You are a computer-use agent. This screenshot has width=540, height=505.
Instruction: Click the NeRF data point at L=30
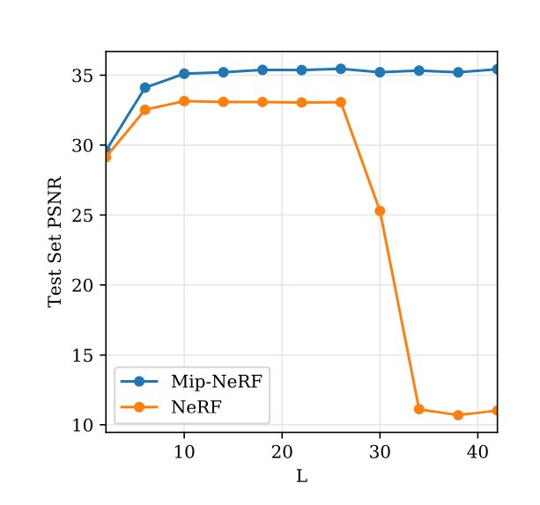tap(380, 211)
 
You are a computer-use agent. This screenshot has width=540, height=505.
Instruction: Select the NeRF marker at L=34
tap(419, 409)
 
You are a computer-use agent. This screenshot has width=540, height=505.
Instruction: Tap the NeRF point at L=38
tap(458, 415)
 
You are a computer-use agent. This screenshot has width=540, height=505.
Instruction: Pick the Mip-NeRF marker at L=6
tap(145, 88)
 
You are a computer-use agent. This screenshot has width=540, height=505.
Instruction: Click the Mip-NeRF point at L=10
tap(184, 74)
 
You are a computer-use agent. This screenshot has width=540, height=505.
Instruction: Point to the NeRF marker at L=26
tap(341, 102)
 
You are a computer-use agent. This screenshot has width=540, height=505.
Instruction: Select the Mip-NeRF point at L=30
tap(380, 72)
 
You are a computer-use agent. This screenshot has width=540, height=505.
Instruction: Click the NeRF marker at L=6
tap(145, 110)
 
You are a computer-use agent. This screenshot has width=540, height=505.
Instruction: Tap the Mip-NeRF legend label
tap(216, 381)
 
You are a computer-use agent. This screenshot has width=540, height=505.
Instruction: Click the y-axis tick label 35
tap(82, 76)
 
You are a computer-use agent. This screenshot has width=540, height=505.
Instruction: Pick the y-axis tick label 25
tap(82, 216)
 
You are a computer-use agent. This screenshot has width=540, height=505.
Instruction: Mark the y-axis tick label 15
tap(82, 355)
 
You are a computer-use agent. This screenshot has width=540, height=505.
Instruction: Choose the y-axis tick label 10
tap(82, 425)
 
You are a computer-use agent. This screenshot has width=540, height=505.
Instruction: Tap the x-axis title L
tap(301, 477)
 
